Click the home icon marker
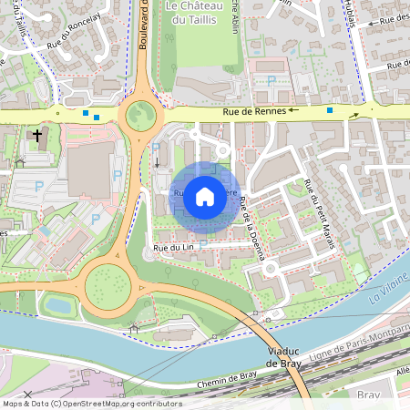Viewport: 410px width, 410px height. click(205, 196)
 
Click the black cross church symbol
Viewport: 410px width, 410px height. click(37, 138)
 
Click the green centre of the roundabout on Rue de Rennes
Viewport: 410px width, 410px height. click(141, 116)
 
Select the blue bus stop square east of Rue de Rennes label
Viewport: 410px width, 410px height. click(330, 110)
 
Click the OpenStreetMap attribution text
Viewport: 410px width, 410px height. click(91, 404)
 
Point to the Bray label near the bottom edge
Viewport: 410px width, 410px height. click(368, 395)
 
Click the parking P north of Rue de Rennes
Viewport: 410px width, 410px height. click(272, 81)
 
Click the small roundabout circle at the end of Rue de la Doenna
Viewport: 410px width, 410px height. click(221, 151)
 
